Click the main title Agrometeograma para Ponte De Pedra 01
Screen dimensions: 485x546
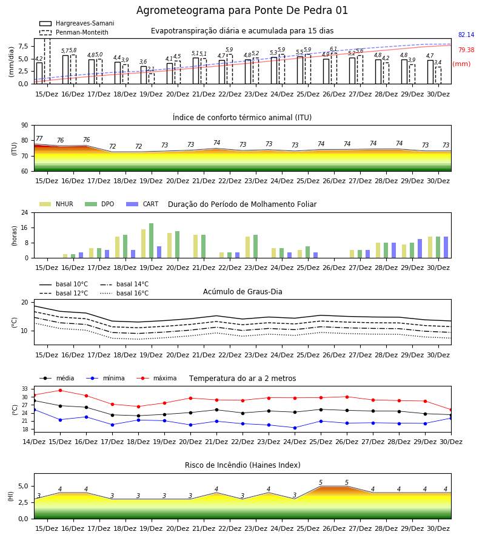tap(242, 10)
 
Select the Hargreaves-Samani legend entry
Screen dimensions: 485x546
tap(76, 23)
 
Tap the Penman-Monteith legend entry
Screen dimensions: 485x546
tap(74, 32)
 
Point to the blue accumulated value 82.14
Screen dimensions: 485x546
tap(466, 35)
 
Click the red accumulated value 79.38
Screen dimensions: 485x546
tap(466, 50)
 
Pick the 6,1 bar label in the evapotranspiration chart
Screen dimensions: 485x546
tap(333, 49)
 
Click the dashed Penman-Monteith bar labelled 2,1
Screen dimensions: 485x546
tap(152, 78)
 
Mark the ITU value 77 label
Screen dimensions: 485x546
tap(39, 138)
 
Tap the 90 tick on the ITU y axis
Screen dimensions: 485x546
tap(25, 126)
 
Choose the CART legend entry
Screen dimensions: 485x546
tap(142, 204)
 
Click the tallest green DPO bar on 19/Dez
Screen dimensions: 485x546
tap(152, 241)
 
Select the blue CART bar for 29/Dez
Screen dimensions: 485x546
tap(420, 249)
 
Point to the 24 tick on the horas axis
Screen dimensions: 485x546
tap(25, 212)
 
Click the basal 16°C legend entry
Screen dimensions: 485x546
tap(124, 293)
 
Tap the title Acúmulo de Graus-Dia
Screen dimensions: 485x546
tap(242, 291)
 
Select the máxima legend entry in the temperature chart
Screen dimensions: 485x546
tap(157, 378)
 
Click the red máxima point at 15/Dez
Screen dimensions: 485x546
tap(60, 390)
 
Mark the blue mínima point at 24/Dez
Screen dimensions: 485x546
tap(295, 428)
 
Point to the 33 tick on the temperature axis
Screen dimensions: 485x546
tap(25, 389)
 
